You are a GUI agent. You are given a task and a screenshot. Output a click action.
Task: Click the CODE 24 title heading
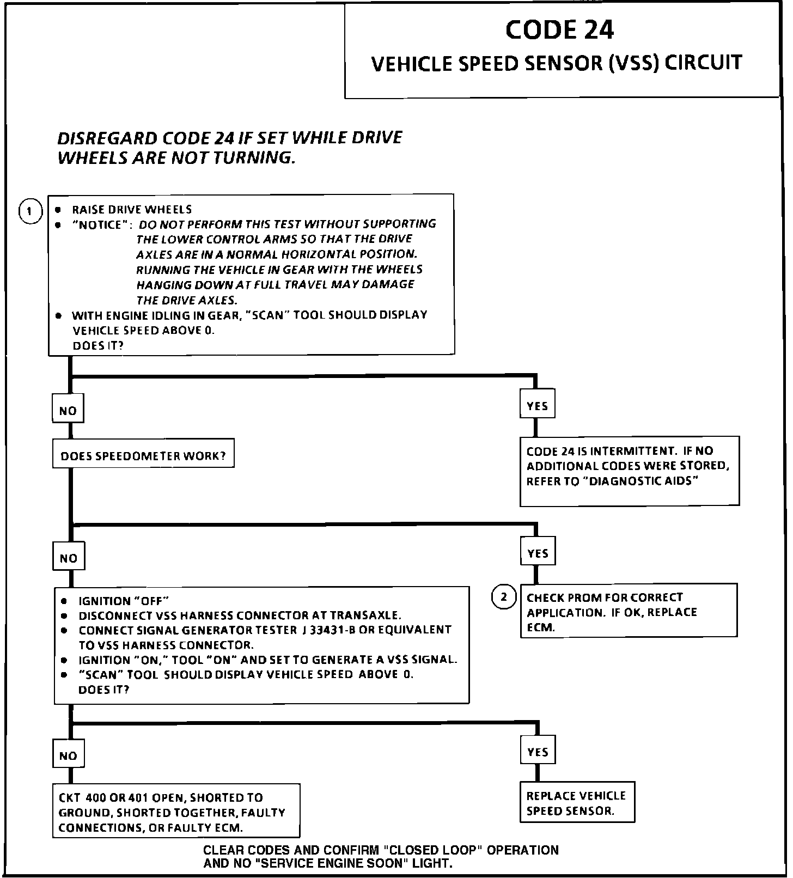click(559, 30)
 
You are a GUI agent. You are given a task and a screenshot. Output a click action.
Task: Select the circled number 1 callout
click(30, 211)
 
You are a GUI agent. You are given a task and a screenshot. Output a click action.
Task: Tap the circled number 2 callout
click(504, 597)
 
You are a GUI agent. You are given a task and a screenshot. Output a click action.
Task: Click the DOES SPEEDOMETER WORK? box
click(143, 455)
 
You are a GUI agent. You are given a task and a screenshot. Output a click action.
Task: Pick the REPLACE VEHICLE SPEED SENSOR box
click(577, 803)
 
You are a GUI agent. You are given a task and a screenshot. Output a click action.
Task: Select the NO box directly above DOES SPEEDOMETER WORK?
click(68, 410)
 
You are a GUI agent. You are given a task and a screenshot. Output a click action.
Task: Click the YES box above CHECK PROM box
click(538, 553)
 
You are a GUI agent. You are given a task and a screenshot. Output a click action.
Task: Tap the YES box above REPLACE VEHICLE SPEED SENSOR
click(538, 752)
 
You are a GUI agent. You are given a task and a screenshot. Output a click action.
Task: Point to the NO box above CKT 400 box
click(68, 755)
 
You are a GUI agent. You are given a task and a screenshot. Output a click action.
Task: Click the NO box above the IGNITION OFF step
click(69, 558)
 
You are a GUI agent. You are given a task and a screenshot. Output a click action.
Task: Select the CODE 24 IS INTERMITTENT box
click(629, 470)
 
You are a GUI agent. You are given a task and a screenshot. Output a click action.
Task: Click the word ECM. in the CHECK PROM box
click(541, 627)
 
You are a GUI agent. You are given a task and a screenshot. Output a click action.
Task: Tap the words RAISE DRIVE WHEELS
click(132, 210)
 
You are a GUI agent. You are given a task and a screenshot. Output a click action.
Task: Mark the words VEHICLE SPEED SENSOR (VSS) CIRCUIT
click(557, 63)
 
